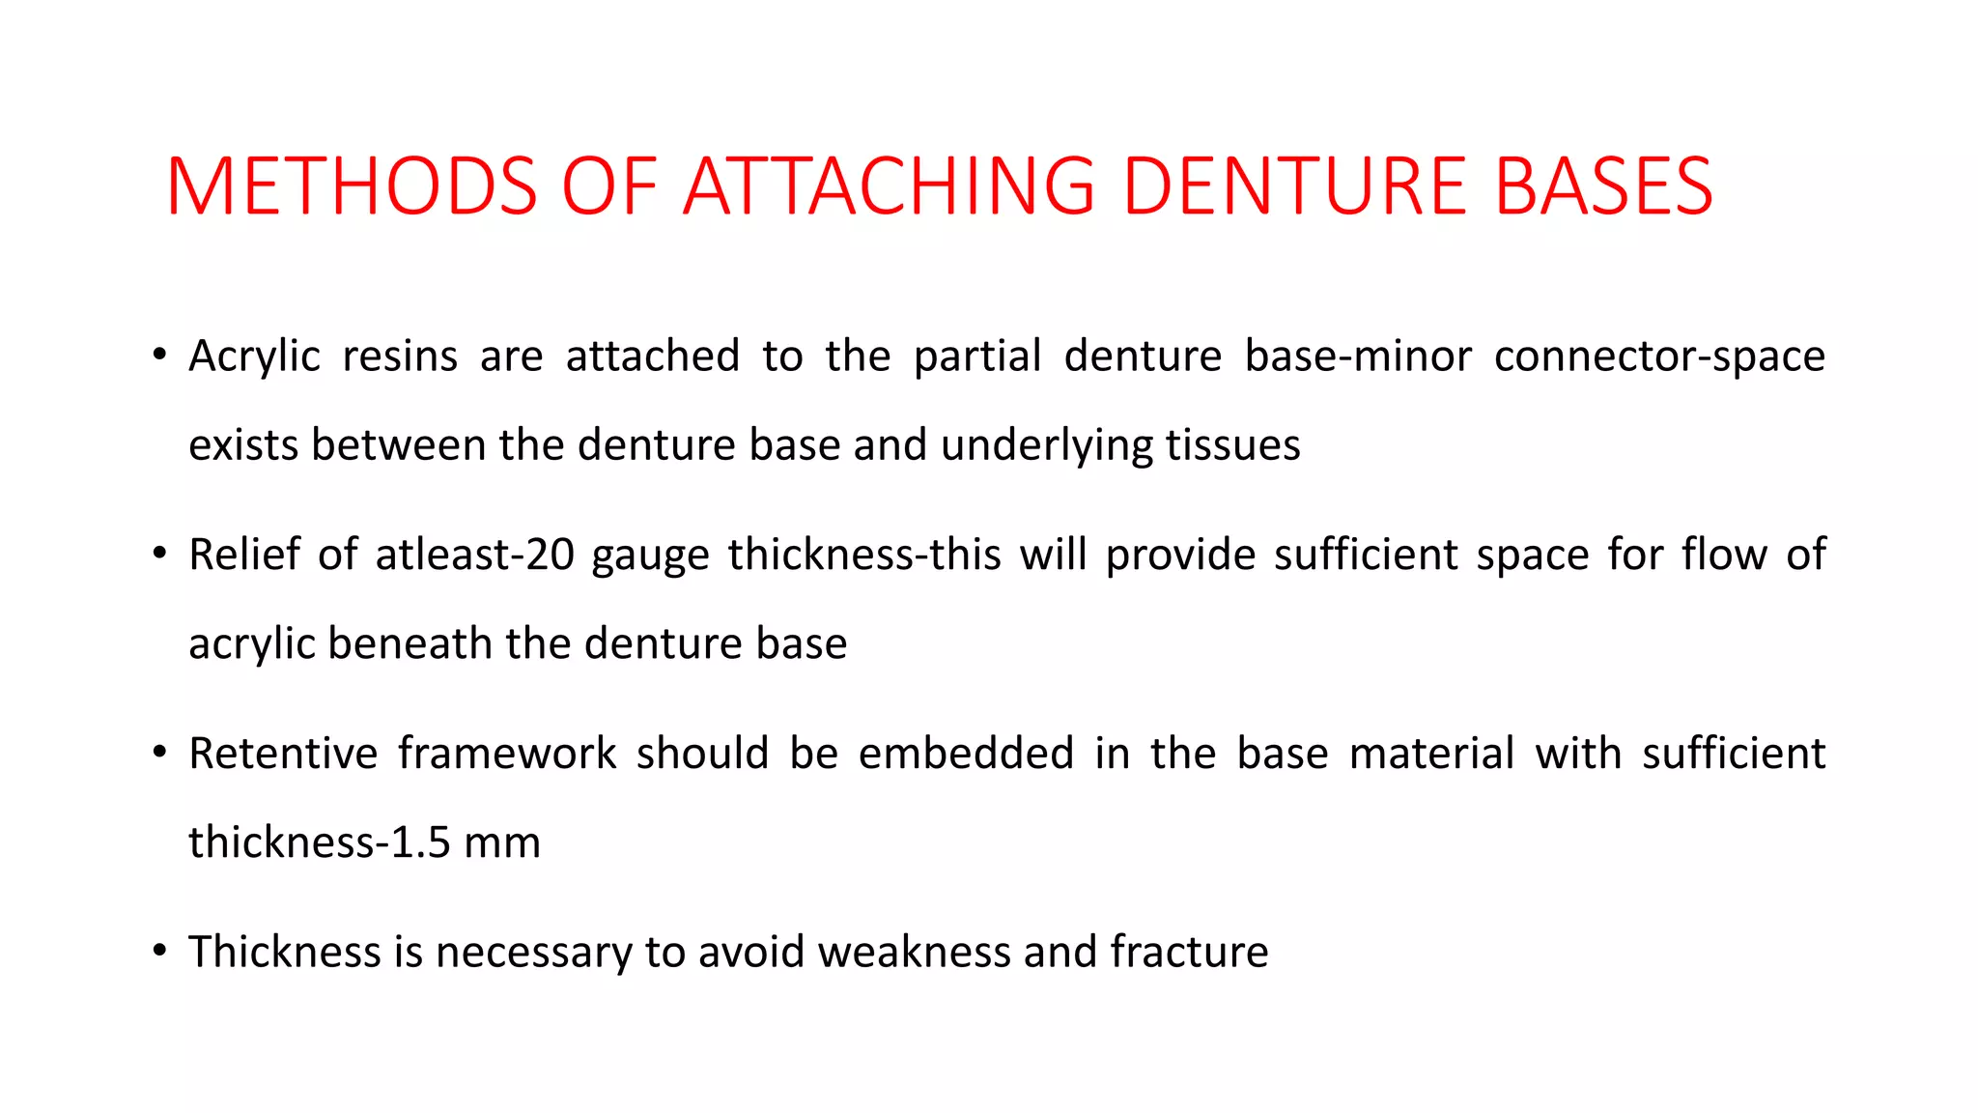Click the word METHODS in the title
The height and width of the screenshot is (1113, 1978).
pos(352,185)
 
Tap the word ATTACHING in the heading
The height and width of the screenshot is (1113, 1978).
pos(890,185)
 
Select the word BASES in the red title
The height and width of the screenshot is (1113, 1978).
pos(1603,185)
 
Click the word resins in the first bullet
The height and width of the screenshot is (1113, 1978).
pos(400,356)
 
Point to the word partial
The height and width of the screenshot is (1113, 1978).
pos(977,356)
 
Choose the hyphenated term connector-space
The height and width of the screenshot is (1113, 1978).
pos(1659,356)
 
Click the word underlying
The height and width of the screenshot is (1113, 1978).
pos(1046,445)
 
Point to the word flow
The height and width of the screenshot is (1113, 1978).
pos(1724,555)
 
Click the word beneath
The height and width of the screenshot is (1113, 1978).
pos(410,643)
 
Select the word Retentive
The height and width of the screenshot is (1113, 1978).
pos(283,754)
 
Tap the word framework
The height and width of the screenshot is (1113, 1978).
pos(507,754)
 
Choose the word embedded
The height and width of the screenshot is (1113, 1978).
pos(966,754)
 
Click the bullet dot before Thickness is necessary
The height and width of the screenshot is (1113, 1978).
pos(159,950)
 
